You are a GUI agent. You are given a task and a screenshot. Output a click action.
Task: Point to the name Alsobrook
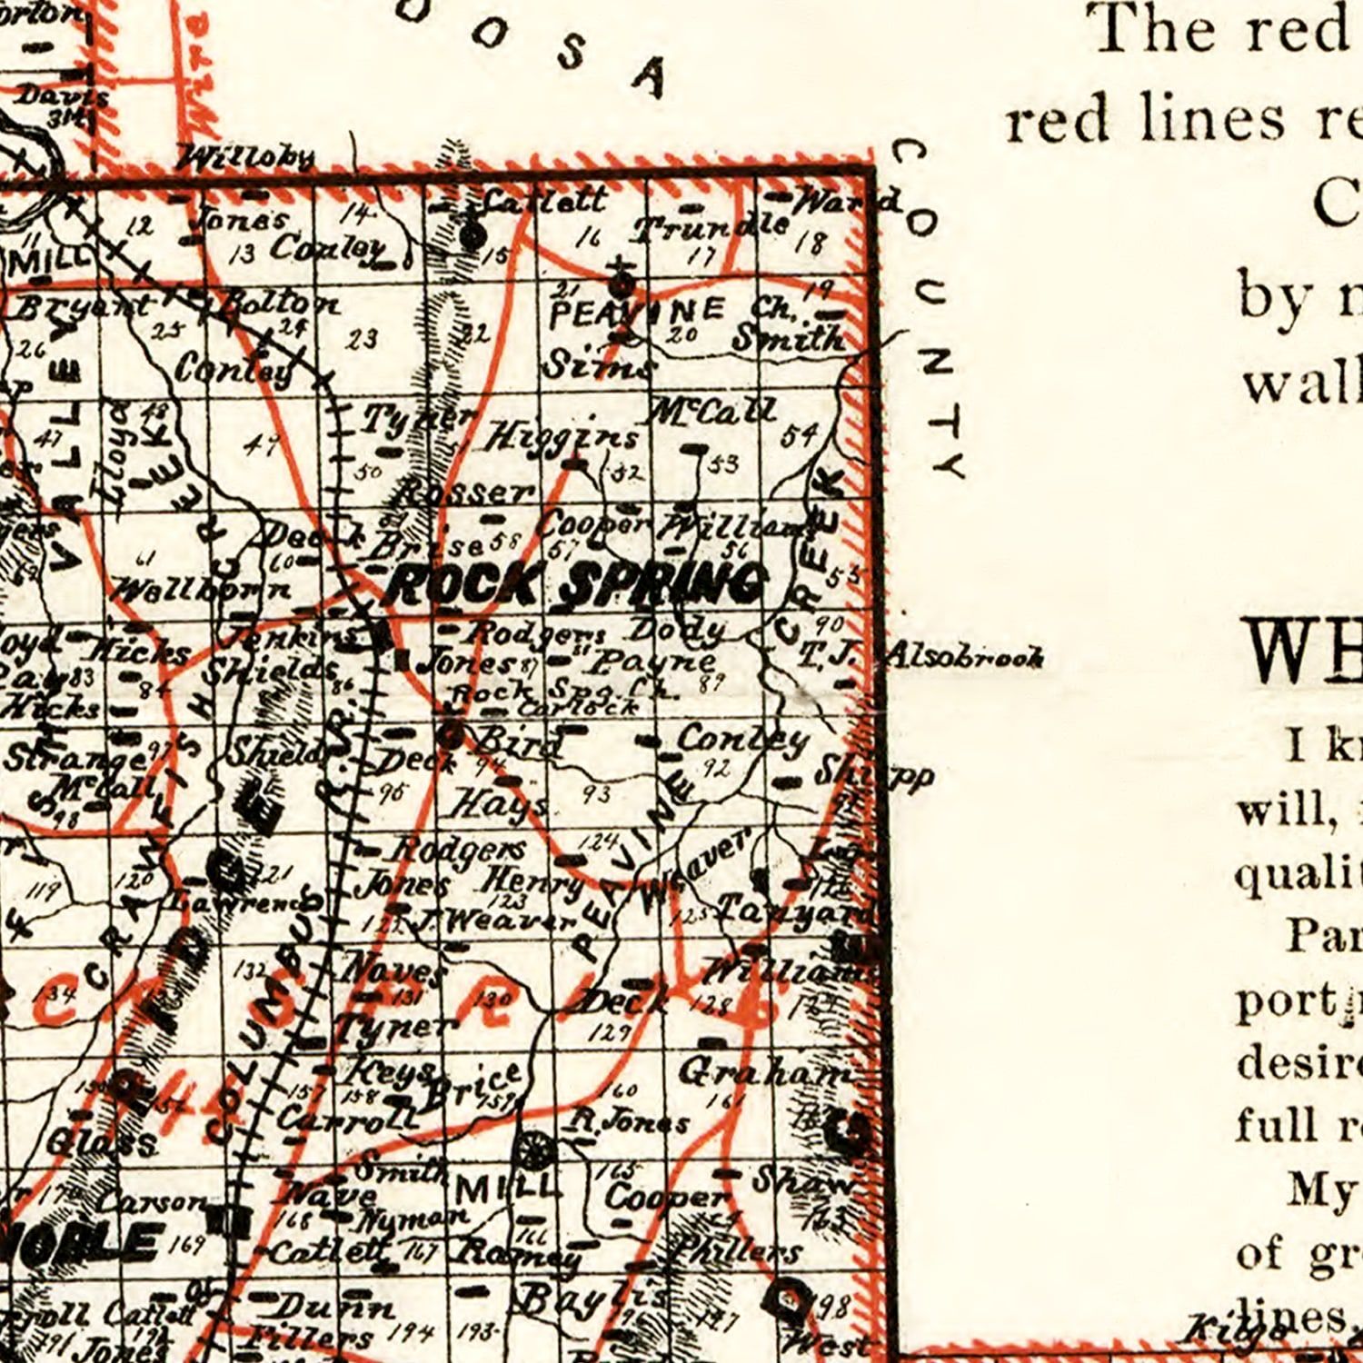click(963, 655)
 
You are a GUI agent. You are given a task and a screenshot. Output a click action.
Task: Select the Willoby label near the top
click(246, 158)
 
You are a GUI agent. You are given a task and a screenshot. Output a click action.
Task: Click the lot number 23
click(362, 339)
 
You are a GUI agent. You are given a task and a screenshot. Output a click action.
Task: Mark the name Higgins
click(562, 438)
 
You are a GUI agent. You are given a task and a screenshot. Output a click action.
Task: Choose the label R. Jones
click(625, 1122)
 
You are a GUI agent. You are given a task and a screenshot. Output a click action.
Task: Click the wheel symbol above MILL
click(533, 1151)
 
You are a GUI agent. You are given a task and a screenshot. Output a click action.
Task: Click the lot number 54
click(799, 435)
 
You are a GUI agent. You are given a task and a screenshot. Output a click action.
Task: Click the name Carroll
click(345, 1118)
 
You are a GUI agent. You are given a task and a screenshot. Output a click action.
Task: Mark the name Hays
click(499, 803)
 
